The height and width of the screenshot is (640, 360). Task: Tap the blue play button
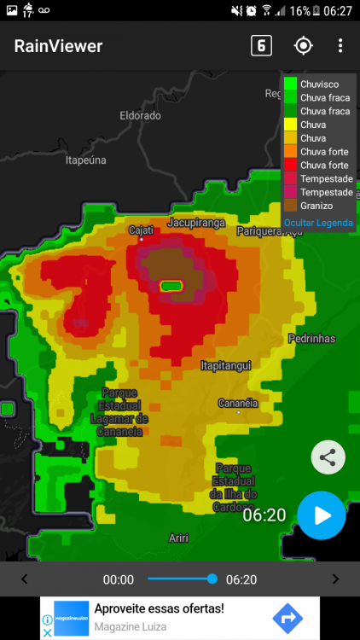coord(322,515)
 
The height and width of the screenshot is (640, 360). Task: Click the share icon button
coord(328,457)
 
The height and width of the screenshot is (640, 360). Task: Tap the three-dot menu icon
coord(340,46)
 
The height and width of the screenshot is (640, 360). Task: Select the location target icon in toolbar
coord(303,46)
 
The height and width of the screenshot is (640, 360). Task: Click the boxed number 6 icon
coord(261,46)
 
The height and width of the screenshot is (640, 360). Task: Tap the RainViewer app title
coord(58,47)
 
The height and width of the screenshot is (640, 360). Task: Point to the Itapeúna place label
coord(86,160)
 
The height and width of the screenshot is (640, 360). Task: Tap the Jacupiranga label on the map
coord(196,223)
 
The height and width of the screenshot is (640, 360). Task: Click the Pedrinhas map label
coord(311,339)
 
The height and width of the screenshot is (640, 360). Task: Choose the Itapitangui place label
coord(225,365)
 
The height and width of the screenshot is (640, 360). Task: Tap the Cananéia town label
coord(238,403)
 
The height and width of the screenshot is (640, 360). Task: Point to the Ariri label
coord(178,537)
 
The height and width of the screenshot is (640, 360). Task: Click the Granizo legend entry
coord(316,206)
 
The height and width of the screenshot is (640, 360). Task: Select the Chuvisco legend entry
coord(319,84)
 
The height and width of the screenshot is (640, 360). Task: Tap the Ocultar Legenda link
coord(317,222)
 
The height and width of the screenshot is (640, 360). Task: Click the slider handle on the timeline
coord(212,579)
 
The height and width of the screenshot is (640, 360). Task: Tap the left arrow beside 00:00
coord(24,579)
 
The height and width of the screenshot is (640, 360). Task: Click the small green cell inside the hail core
coord(172,285)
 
